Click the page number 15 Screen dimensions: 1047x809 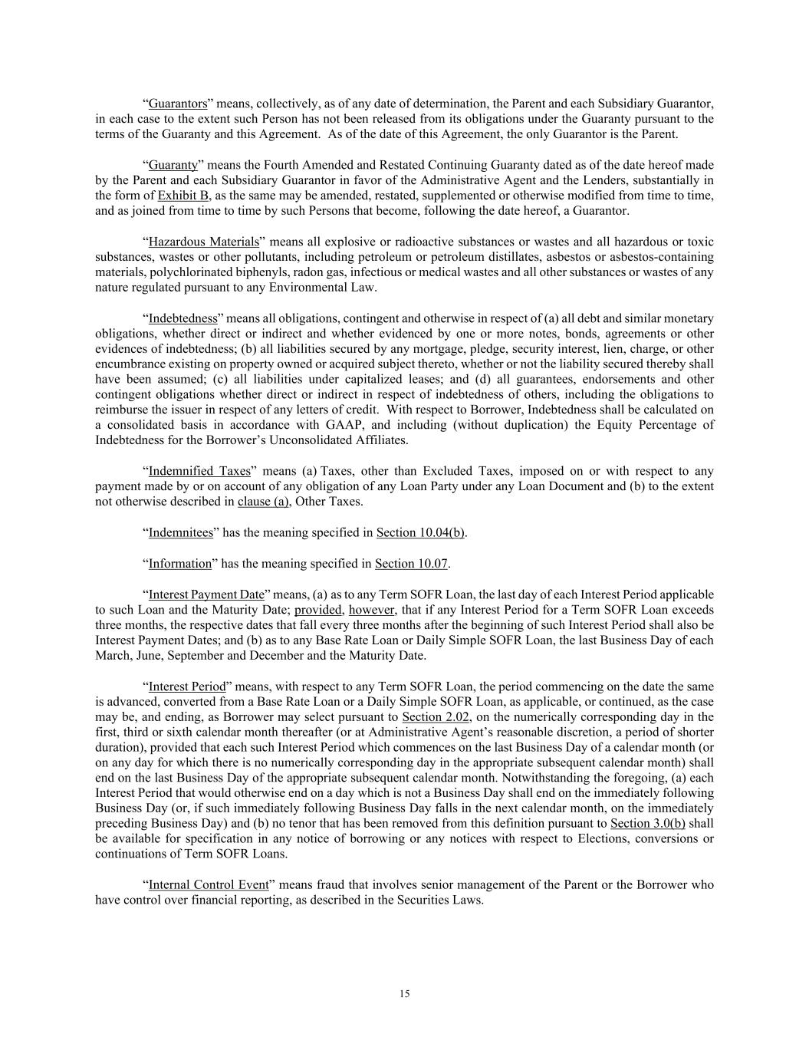click(404, 994)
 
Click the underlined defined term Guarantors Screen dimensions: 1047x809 click(178, 104)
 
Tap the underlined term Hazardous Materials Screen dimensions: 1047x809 click(204, 242)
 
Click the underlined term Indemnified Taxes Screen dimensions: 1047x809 click(199, 471)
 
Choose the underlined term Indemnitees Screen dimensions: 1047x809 click(180, 532)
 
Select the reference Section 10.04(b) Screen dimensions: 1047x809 click(420, 532)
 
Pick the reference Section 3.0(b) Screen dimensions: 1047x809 click(648, 823)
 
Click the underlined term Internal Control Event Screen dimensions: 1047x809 click(209, 884)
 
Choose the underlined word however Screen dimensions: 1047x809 click(371, 610)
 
